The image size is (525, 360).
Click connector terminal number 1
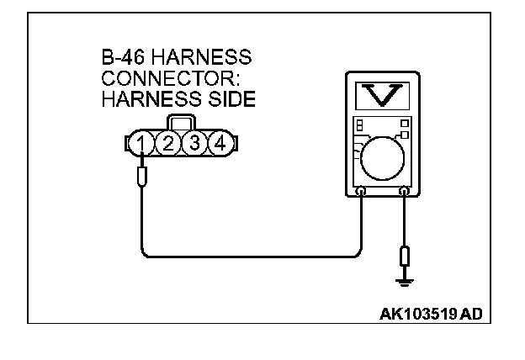(x=144, y=144)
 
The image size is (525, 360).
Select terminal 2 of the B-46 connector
(x=169, y=144)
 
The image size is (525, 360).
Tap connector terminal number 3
(x=195, y=143)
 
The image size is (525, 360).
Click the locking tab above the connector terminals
(x=181, y=123)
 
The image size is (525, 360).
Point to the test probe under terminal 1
(x=143, y=177)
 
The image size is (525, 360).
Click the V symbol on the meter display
(x=383, y=97)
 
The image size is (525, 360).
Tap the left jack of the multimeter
(x=361, y=193)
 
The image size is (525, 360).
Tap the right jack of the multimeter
(x=405, y=193)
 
